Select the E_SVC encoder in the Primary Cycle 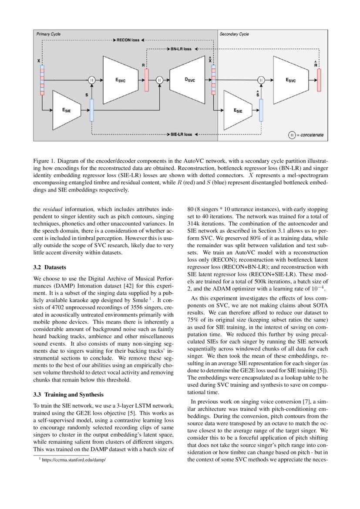(120, 80)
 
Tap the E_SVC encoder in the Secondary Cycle (290, 80)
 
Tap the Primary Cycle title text (48, 34)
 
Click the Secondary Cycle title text (235, 34)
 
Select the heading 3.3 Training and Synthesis (68, 394)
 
